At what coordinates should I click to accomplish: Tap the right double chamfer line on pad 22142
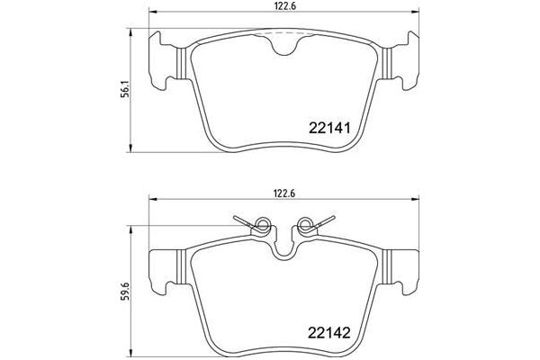pyautogui.click(x=386, y=268)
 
